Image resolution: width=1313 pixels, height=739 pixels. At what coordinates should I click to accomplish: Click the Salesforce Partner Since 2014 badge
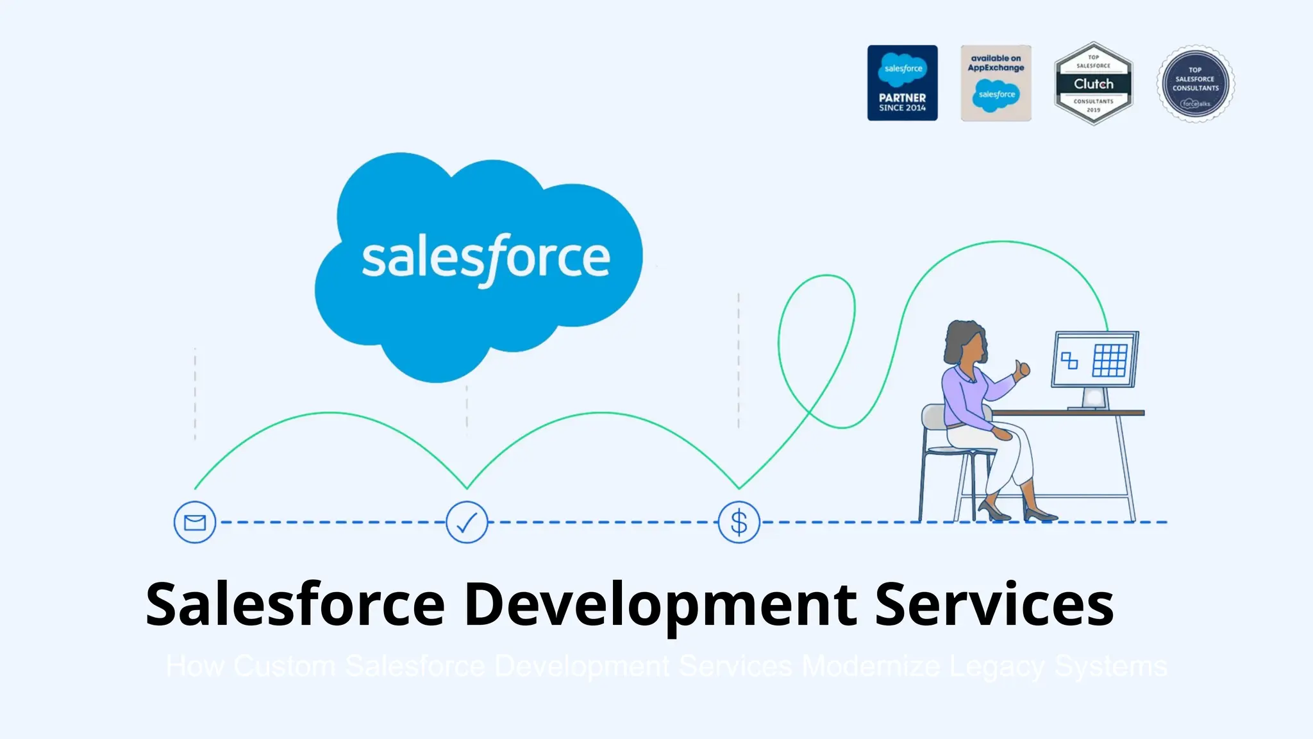902,83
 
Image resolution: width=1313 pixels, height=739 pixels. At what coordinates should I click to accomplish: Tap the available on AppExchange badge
996,83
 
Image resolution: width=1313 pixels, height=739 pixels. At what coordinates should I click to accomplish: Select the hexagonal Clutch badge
1093,83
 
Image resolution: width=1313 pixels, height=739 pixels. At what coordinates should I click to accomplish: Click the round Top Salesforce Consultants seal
1195,84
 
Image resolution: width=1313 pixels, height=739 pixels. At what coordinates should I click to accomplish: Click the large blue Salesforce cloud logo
478,263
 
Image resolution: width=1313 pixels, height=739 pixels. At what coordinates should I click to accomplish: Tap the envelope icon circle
195,522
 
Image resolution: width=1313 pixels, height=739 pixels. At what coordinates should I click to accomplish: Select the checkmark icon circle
467,522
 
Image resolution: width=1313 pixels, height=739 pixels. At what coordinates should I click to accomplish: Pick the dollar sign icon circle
739,522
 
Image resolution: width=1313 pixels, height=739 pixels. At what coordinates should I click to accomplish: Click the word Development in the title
660,605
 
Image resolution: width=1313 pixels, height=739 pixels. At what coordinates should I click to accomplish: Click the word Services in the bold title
994,605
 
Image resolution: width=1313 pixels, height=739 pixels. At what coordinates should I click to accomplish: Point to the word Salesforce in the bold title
295,605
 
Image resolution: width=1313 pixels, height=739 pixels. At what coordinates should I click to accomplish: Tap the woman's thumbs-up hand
1021,369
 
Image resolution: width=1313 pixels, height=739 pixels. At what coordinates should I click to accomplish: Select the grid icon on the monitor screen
1109,360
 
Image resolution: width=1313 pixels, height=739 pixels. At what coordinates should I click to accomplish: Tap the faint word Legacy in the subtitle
997,667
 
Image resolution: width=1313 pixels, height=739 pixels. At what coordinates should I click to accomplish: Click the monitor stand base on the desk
1094,406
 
